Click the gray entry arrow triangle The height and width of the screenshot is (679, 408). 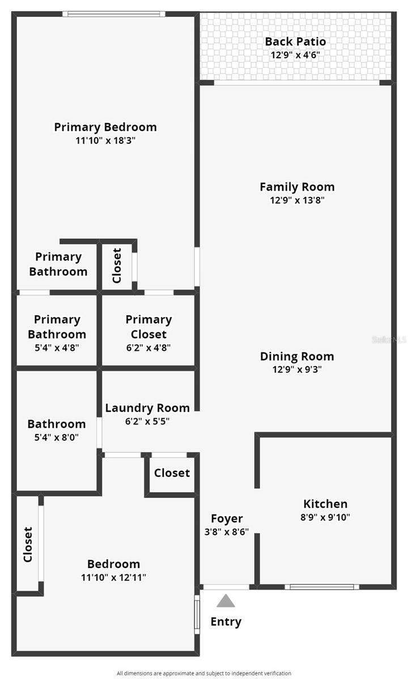click(x=226, y=601)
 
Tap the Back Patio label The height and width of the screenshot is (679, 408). click(x=295, y=42)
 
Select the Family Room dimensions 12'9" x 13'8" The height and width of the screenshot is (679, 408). click(x=297, y=200)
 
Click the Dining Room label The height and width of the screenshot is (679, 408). click(x=297, y=356)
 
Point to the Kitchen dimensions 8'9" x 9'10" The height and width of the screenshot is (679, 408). click(x=325, y=517)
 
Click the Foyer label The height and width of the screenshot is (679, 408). click(x=227, y=518)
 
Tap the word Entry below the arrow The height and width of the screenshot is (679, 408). click(x=226, y=622)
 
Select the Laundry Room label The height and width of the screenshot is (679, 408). click(x=147, y=408)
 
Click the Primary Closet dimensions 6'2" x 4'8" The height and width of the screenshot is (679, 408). click(x=148, y=347)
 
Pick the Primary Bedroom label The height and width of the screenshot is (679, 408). click(x=105, y=127)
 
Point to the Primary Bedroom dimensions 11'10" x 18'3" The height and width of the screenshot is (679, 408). click(x=105, y=140)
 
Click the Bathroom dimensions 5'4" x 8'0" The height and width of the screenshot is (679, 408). click(x=57, y=437)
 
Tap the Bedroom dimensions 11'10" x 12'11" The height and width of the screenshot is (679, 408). click(x=113, y=577)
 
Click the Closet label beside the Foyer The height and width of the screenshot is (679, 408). click(x=172, y=472)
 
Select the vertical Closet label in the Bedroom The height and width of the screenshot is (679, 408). click(x=28, y=545)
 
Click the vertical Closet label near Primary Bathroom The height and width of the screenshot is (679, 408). click(x=117, y=265)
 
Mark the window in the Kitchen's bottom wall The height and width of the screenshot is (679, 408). click(x=322, y=587)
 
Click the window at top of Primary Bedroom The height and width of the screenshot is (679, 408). click(x=113, y=14)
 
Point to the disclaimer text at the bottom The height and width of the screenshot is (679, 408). click(x=204, y=673)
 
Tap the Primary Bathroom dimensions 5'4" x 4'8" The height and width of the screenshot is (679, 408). click(x=57, y=347)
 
